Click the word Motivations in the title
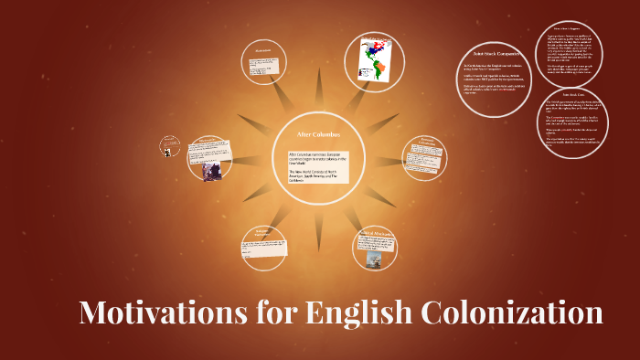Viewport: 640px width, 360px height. click(x=159, y=312)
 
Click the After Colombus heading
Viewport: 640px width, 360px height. click(x=318, y=134)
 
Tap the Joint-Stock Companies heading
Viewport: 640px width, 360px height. click(x=495, y=57)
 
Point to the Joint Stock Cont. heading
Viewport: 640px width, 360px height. click(x=573, y=95)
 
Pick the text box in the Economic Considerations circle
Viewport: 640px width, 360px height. click(x=425, y=154)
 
